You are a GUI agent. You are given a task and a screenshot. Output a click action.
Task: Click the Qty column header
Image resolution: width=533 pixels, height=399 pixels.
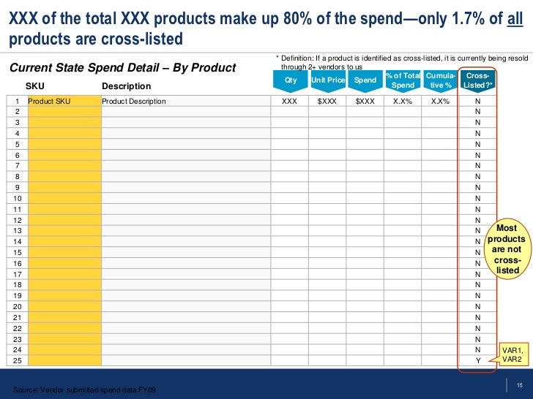coord(290,80)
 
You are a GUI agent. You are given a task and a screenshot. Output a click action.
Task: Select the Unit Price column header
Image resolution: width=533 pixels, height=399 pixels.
coord(327,80)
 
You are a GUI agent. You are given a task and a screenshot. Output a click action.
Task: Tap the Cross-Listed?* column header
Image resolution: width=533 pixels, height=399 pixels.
coord(478,80)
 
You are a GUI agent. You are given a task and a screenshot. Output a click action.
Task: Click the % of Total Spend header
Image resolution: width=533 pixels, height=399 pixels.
coord(403,80)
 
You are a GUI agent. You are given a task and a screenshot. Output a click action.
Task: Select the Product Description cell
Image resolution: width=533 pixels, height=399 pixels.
coord(134,102)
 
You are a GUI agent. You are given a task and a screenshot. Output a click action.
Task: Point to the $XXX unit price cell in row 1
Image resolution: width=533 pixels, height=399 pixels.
coord(327,102)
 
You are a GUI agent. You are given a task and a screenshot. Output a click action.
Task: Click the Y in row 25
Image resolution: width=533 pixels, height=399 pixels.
coord(478,361)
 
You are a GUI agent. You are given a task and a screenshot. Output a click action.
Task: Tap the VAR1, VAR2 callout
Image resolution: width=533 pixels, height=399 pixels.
coord(511,354)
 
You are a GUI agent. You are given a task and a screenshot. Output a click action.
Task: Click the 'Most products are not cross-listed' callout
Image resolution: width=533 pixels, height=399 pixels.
coord(507,249)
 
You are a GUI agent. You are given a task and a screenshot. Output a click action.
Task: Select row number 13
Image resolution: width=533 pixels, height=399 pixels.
coord(18,230)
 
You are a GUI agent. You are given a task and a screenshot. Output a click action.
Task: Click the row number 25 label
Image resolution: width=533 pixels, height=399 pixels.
coord(18,361)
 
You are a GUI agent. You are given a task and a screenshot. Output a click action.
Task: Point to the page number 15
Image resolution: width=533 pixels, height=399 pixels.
coord(519,386)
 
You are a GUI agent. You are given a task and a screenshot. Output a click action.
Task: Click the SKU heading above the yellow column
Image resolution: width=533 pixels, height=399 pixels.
coord(35,86)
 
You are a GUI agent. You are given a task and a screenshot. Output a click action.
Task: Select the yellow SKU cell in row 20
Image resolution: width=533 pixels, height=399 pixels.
coord(64,306)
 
